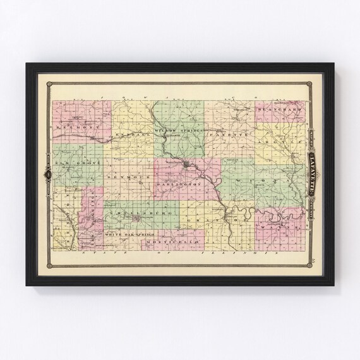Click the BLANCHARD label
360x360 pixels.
coord(273,111)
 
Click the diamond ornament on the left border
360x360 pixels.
coord(46,173)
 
